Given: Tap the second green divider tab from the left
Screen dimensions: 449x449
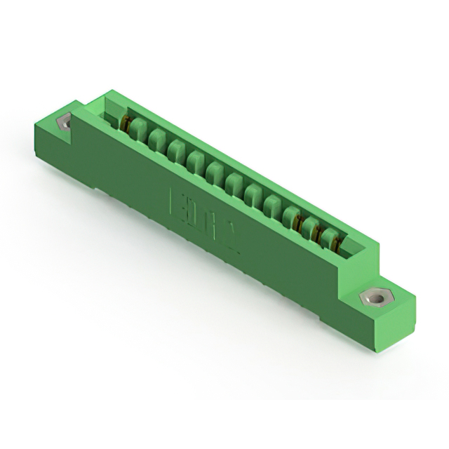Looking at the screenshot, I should pyautogui.click(x=158, y=138).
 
